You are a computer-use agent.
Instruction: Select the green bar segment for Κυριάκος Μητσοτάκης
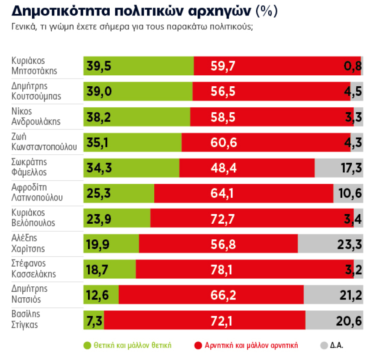pos(138,66)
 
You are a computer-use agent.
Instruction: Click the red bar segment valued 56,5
pos(271,91)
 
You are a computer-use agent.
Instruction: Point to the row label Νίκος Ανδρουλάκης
pos(35,116)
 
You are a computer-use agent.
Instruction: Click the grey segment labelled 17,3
pos(338,168)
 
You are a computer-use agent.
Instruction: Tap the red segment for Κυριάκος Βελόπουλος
pos(251,218)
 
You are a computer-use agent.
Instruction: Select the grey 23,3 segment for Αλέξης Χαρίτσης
pos(330,244)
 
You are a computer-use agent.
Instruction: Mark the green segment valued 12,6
pos(101,294)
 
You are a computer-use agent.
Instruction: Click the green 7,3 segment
pos(93,320)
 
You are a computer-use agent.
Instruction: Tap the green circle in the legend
pos(87,345)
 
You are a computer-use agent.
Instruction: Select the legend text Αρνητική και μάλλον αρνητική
pos(251,345)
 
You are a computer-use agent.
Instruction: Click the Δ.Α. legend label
pos(337,345)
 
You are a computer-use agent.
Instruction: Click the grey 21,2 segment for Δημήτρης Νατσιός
pos(333,294)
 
